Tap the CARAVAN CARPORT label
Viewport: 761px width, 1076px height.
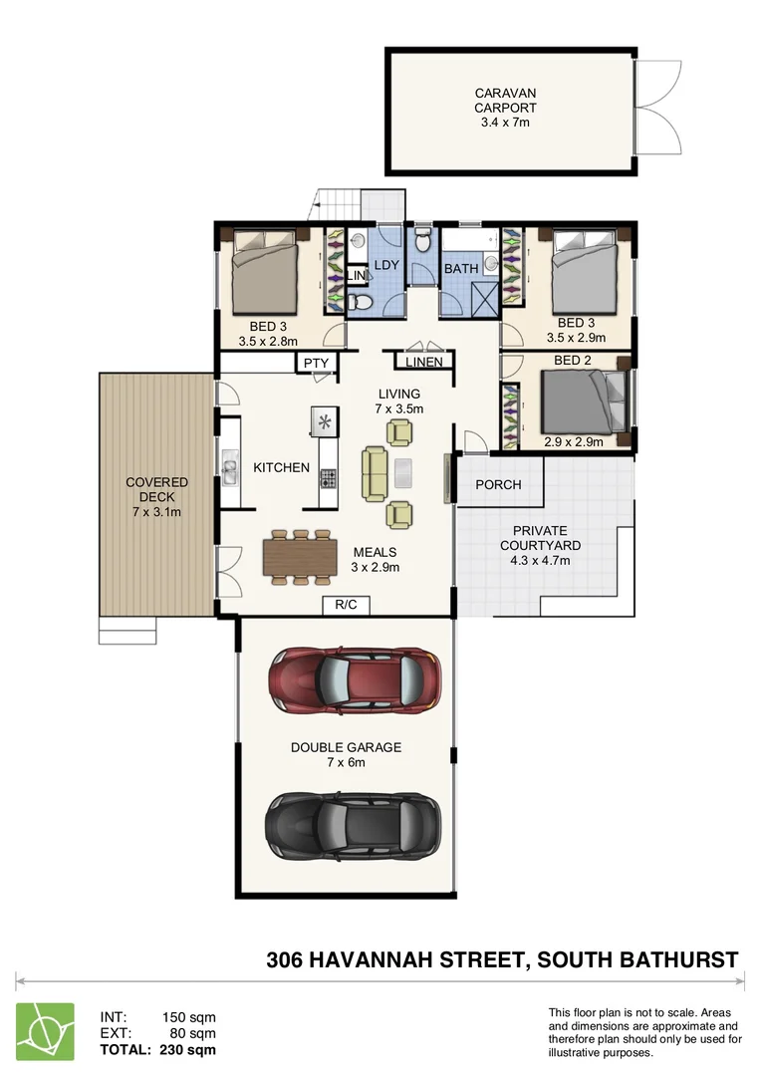505,101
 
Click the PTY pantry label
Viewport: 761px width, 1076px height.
316,364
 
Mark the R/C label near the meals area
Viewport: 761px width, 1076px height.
346,604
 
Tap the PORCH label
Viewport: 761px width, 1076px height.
498,485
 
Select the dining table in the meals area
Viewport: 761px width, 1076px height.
297,557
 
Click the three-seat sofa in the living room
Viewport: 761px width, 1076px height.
377,473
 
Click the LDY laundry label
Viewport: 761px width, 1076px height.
386,266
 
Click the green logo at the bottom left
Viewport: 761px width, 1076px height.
45,1030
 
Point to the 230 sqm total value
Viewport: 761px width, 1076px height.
188,1049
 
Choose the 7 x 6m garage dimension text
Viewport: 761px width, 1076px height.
346,762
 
